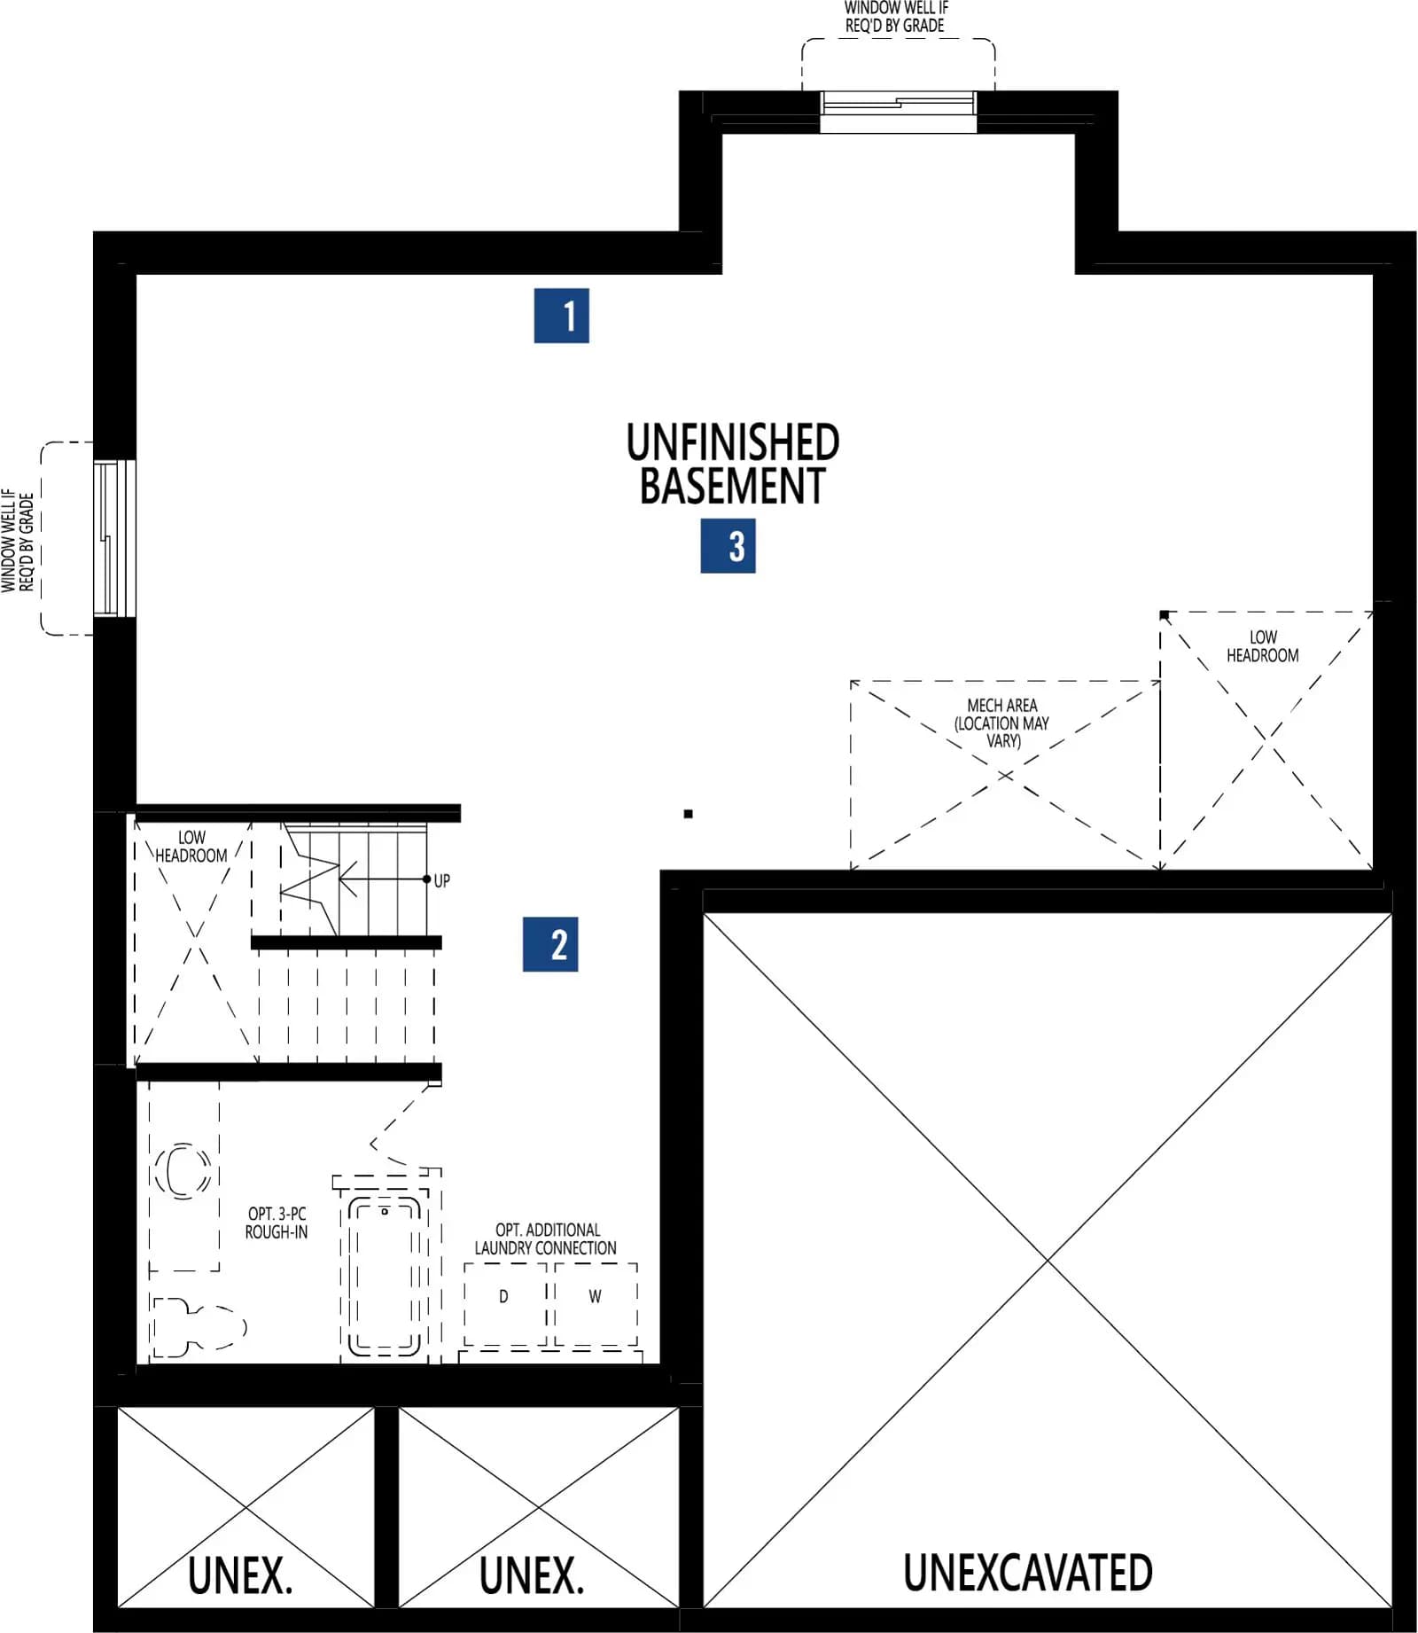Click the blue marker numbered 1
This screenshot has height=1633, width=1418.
561,316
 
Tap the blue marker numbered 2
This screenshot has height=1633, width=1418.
550,944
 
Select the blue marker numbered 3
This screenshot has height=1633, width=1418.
728,545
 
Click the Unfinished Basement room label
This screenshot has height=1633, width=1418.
733,464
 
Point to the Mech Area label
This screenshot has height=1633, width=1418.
1002,723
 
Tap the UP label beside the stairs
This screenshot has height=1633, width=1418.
441,880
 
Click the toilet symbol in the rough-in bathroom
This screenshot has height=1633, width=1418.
198,1327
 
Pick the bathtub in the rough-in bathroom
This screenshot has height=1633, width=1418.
385,1276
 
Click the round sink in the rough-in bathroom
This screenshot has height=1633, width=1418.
183,1170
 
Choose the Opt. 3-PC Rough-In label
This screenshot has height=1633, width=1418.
277,1223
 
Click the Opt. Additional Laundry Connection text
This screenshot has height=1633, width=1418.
546,1238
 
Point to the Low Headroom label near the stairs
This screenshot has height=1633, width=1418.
191,847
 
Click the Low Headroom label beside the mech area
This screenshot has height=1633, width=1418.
1263,646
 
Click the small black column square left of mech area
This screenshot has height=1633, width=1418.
689,814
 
